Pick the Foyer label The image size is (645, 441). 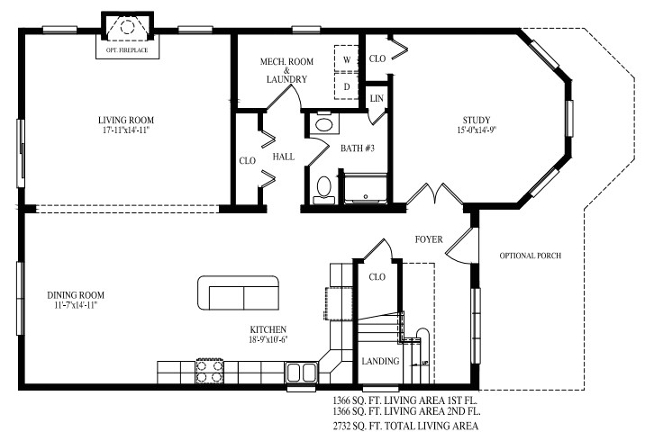[x=429, y=239]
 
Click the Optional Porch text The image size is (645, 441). [x=531, y=256]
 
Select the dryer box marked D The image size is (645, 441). [x=347, y=85]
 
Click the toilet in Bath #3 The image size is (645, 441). [x=324, y=189]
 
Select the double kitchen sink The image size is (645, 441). [x=301, y=373]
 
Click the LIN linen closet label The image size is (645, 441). [x=377, y=97]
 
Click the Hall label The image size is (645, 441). [x=284, y=157]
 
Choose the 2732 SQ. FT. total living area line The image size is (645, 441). [x=404, y=425]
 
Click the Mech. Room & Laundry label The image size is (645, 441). [x=286, y=71]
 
